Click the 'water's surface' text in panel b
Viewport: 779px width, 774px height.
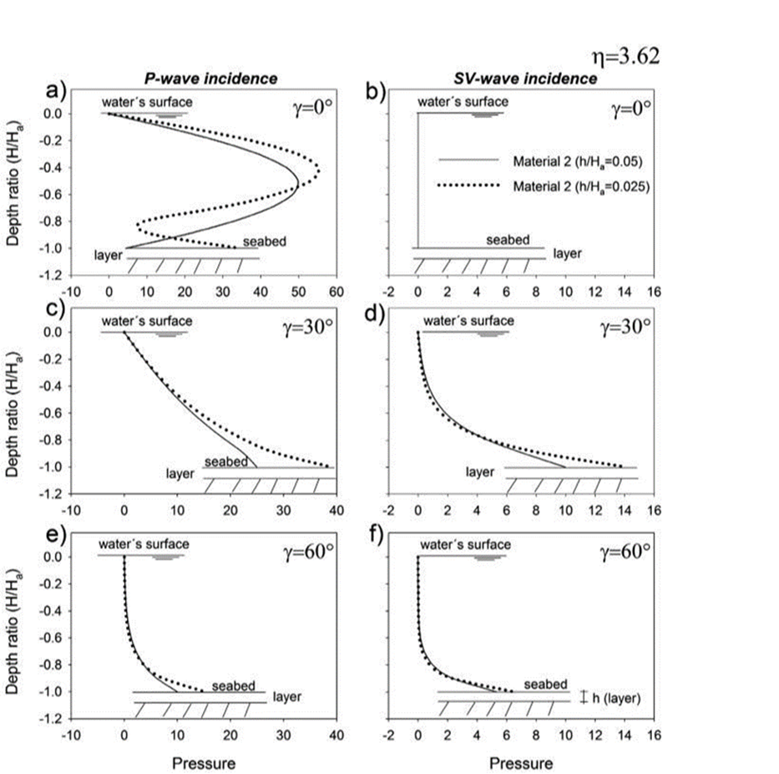460,101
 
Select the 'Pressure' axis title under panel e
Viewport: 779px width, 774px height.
203,740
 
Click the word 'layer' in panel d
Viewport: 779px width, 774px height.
480,472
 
